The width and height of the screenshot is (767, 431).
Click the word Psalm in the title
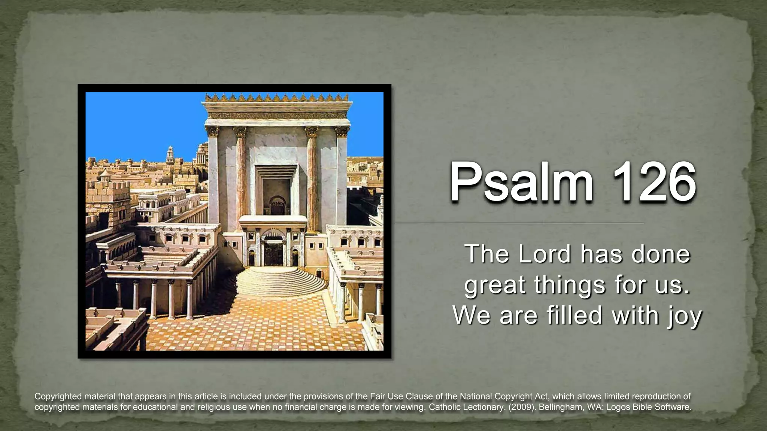[x=521, y=182]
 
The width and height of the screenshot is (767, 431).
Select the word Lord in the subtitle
[x=545, y=254]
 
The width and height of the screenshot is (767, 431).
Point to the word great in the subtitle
[x=495, y=285]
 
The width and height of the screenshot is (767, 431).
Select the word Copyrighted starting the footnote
[x=58, y=396]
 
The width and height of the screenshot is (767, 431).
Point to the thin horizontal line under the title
[x=519, y=223]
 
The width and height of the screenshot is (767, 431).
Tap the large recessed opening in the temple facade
[x=276, y=191]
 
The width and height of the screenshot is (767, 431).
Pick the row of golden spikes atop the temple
[x=277, y=98]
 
